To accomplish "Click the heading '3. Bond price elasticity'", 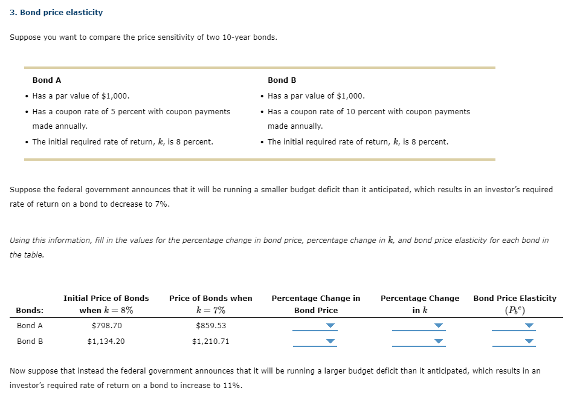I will (x=57, y=12).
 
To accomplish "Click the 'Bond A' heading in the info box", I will (x=47, y=80).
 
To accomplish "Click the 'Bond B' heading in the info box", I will (x=282, y=80).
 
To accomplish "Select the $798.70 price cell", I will (x=106, y=325).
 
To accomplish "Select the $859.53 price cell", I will (x=211, y=325).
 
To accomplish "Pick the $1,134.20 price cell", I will (x=106, y=341).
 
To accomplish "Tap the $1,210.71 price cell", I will (x=211, y=341).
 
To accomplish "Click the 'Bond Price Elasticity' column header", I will (x=515, y=298).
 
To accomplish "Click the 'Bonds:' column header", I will (x=30, y=310).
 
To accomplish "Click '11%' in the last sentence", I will (x=232, y=385).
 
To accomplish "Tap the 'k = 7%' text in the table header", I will (x=211, y=310).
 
